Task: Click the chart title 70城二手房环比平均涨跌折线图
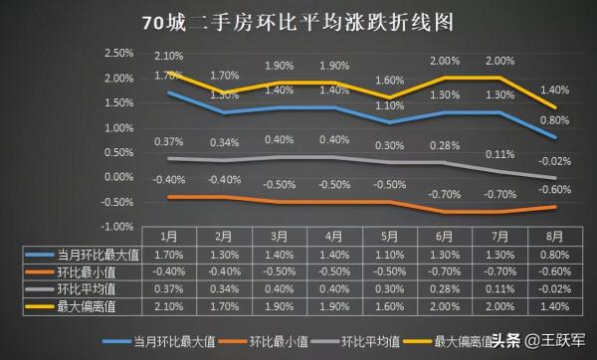tap(298, 23)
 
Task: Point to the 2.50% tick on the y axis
tap(117, 53)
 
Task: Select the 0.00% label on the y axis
tap(117, 177)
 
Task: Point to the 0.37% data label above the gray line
tap(168, 141)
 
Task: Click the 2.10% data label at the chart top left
tap(168, 56)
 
